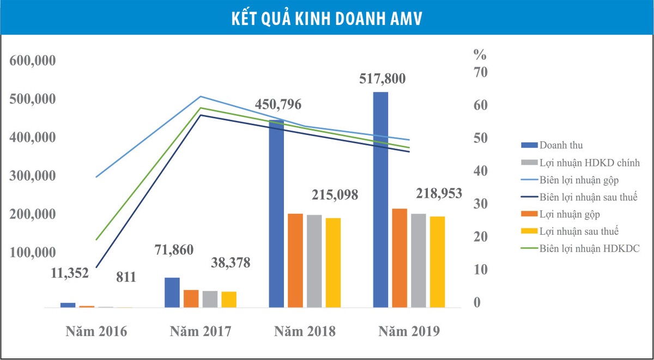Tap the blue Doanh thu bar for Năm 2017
172,292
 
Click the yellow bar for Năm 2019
437,262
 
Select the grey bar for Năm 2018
314,261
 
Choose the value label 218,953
439,193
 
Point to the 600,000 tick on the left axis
33,61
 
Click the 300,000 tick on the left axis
33,176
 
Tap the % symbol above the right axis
479,54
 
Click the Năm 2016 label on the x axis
96,331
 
